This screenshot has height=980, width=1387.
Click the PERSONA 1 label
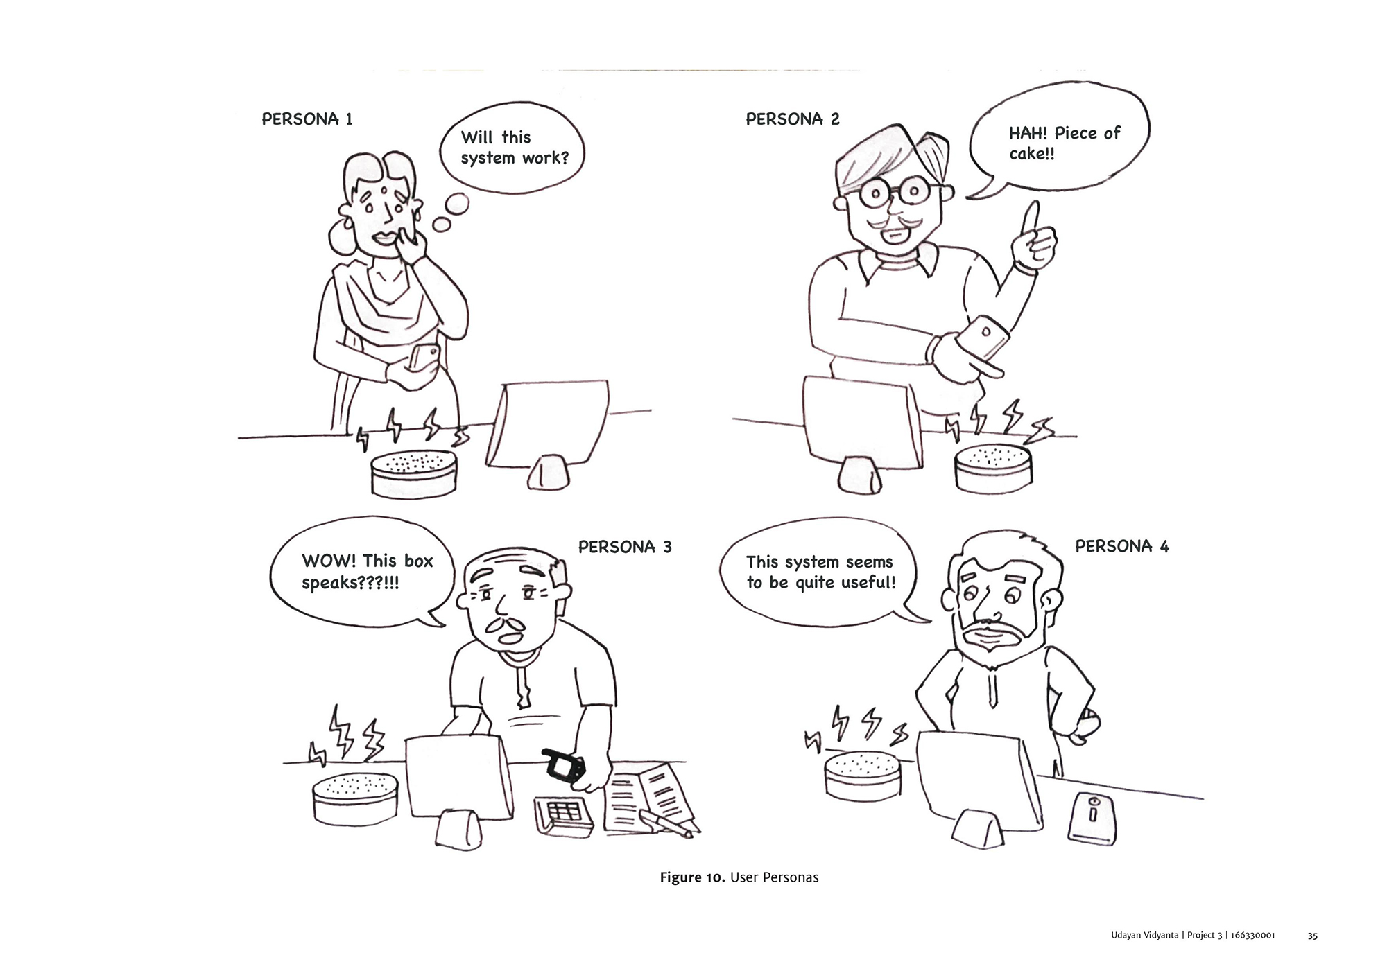[307, 119]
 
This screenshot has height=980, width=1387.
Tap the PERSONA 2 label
[793, 119]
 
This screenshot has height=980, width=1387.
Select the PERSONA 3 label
[625, 547]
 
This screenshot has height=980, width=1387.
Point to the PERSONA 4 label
[1122, 546]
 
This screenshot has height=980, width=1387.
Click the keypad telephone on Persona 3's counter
[563, 817]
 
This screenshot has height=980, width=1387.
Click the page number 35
[1312, 936]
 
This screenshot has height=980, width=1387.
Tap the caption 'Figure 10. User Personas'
[739, 877]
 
